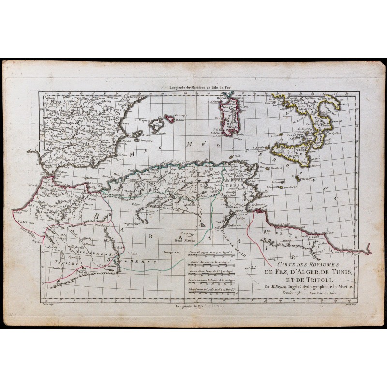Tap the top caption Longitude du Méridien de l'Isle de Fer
(194, 88)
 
